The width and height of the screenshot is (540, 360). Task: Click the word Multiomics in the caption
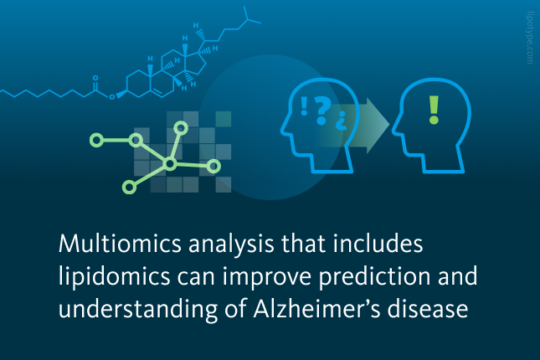pos(120,244)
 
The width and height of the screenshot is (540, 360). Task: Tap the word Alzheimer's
pos(316,307)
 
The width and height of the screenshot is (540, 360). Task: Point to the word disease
pos(427,307)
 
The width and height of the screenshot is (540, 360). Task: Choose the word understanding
pos(138,309)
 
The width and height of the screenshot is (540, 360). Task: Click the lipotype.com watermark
pos(530,38)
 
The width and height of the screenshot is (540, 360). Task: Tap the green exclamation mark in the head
pos(434,110)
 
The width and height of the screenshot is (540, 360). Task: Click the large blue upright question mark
pos(322,111)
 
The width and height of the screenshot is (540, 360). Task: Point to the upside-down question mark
pos(342,121)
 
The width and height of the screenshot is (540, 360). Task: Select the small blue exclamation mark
pos(304,106)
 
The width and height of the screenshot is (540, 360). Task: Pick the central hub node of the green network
pos(169,164)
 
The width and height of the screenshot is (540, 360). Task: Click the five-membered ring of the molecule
pos(197,63)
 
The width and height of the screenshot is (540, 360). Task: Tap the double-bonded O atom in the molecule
pos(95,78)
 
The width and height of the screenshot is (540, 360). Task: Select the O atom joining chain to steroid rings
pos(111,97)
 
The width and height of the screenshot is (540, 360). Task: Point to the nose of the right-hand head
pos(394,131)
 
